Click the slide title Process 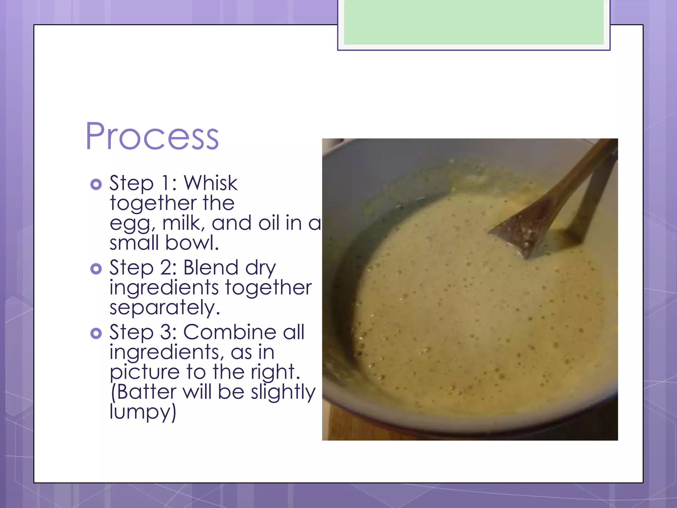tap(152, 136)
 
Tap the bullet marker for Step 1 tap(96, 184)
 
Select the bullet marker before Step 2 tap(96, 269)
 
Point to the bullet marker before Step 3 tap(96, 333)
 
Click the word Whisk tap(210, 183)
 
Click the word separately tap(164, 308)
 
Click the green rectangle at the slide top tap(473, 22)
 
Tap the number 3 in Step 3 tap(165, 332)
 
